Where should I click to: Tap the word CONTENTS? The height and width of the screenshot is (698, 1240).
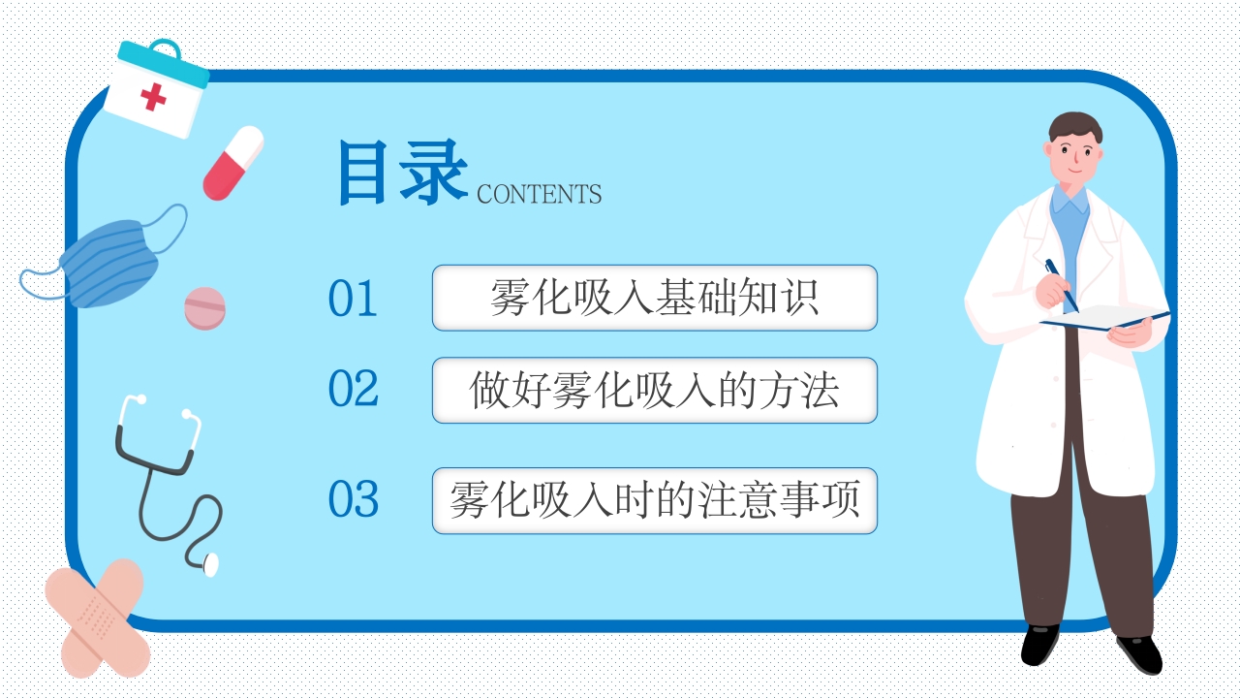click(539, 194)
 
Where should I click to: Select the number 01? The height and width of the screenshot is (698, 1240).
click(353, 299)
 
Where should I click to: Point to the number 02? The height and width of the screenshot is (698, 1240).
click(353, 389)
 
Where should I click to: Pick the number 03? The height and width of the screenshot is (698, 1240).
click(353, 499)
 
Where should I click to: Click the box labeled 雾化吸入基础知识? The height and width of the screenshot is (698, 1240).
click(654, 298)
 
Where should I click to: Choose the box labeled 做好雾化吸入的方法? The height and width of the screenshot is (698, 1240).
click(654, 390)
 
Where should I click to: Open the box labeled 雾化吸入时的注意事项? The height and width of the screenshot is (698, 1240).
click(654, 500)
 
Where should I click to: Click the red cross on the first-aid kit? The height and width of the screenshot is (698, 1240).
click(153, 97)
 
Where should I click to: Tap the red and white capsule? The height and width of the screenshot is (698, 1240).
click(233, 163)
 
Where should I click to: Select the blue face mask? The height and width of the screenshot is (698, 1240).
click(108, 260)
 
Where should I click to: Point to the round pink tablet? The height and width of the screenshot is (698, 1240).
click(204, 307)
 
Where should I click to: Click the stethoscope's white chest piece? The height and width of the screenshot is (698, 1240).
click(210, 563)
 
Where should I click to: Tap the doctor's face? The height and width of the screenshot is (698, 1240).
click(1076, 154)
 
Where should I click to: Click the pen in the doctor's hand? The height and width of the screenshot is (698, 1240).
click(1060, 283)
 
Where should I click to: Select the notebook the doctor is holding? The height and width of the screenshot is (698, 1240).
click(1104, 319)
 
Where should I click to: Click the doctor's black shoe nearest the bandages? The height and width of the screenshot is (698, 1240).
click(1040, 644)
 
